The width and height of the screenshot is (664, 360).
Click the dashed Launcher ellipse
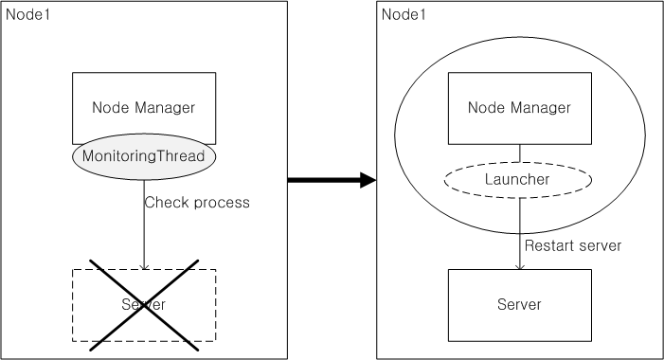point(519,179)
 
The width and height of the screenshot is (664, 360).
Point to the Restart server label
point(573,245)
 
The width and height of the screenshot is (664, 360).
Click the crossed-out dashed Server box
point(144,304)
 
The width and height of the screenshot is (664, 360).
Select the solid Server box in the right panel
point(519,304)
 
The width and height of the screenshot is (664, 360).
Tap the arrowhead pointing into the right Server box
point(519,265)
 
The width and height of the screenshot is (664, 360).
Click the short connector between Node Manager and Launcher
point(519,153)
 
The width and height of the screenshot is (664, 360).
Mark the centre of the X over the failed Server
point(145,303)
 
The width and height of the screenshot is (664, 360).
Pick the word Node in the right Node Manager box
point(485,108)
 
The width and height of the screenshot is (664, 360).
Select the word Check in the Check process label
point(164,203)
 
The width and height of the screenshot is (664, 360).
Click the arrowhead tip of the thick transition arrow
point(374,179)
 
